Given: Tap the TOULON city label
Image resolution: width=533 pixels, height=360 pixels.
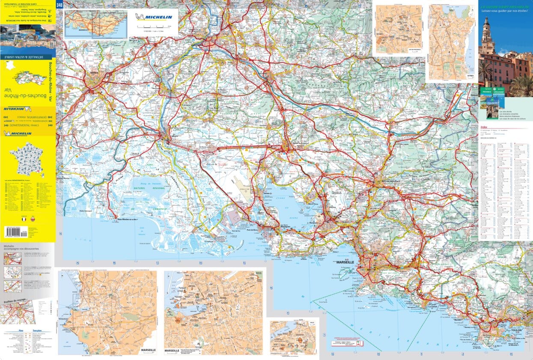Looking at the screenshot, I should (x=517, y=330).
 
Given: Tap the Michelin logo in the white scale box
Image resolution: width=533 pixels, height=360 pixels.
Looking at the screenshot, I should (x=153, y=17).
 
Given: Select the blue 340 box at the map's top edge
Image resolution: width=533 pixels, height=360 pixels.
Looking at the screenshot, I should (x=59, y=5).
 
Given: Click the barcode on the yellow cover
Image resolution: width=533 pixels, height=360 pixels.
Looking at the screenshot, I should (x=15, y=232).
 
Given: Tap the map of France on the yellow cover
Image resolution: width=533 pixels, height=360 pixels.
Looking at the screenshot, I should (x=27, y=160).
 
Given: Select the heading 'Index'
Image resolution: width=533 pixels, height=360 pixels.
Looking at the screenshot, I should (x=484, y=127).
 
